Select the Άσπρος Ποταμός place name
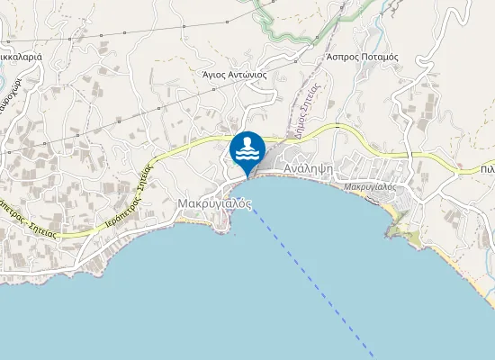(x=362, y=56)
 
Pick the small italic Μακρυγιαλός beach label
(x=371, y=187)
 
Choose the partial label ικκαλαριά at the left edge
(x=22, y=57)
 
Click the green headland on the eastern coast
(x=401, y=233)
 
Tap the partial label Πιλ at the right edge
(x=487, y=168)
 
